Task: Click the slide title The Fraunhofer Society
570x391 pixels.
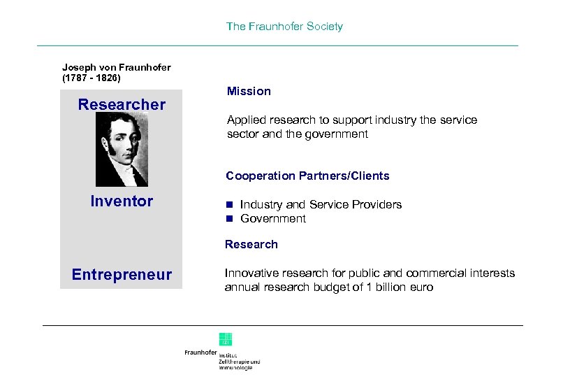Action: [284, 27]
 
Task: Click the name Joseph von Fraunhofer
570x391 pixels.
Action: [116, 67]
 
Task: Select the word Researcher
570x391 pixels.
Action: [122, 105]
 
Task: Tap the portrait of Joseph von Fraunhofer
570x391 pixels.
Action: [122, 149]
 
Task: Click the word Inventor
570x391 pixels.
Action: [122, 201]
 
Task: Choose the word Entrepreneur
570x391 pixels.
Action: [122, 275]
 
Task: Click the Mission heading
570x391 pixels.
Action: [249, 92]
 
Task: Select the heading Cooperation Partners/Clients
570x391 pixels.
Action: [307, 176]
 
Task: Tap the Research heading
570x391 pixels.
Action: [251, 245]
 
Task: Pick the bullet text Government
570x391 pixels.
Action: [273, 219]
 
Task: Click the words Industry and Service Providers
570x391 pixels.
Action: [321, 205]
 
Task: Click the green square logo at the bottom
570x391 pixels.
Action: [226, 339]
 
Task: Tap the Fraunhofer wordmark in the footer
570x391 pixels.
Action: [200, 353]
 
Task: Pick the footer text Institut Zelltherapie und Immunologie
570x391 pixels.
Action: [239, 361]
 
